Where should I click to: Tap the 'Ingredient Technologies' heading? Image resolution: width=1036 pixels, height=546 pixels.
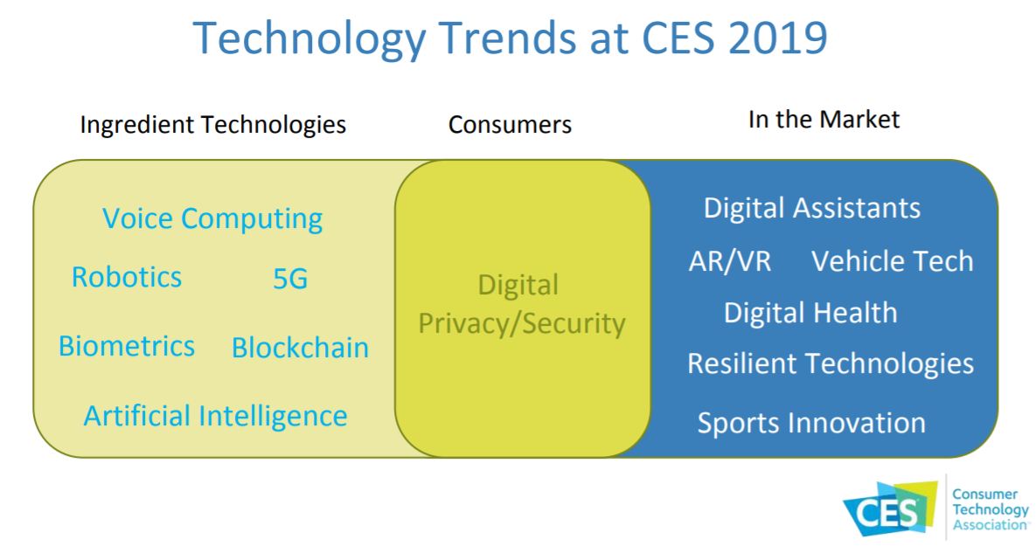pyautogui.click(x=212, y=125)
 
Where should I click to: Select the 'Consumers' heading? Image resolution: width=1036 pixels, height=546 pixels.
pyautogui.click(x=510, y=125)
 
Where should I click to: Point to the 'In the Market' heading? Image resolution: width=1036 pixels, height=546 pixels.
pyautogui.click(x=824, y=120)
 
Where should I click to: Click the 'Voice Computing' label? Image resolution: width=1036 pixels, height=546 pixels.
pyautogui.click(x=212, y=218)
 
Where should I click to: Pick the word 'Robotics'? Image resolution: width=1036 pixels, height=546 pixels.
pyautogui.click(x=127, y=277)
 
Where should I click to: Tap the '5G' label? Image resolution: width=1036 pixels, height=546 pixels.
pyautogui.click(x=290, y=280)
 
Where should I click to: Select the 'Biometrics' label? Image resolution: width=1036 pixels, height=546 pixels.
pyautogui.click(x=127, y=346)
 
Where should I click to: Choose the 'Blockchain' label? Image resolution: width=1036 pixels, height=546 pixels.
pyautogui.click(x=300, y=348)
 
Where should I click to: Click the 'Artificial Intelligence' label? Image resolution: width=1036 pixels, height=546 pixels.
pyautogui.click(x=215, y=415)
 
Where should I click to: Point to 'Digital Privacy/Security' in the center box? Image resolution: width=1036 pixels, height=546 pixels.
pyautogui.click(x=522, y=305)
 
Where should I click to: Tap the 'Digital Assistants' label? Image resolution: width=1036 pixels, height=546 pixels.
pyautogui.click(x=812, y=208)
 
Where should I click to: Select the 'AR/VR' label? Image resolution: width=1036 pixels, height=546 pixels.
pyautogui.click(x=730, y=260)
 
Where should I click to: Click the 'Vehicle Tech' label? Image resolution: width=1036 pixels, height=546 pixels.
pyautogui.click(x=892, y=260)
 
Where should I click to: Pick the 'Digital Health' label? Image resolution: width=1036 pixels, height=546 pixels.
pyautogui.click(x=810, y=312)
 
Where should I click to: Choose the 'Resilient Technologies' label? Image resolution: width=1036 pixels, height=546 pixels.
pyautogui.click(x=830, y=363)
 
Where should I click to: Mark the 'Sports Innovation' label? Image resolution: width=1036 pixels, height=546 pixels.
pyautogui.click(x=810, y=423)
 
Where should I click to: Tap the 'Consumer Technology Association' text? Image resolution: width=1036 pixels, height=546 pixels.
pyautogui.click(x=991, y=509)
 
